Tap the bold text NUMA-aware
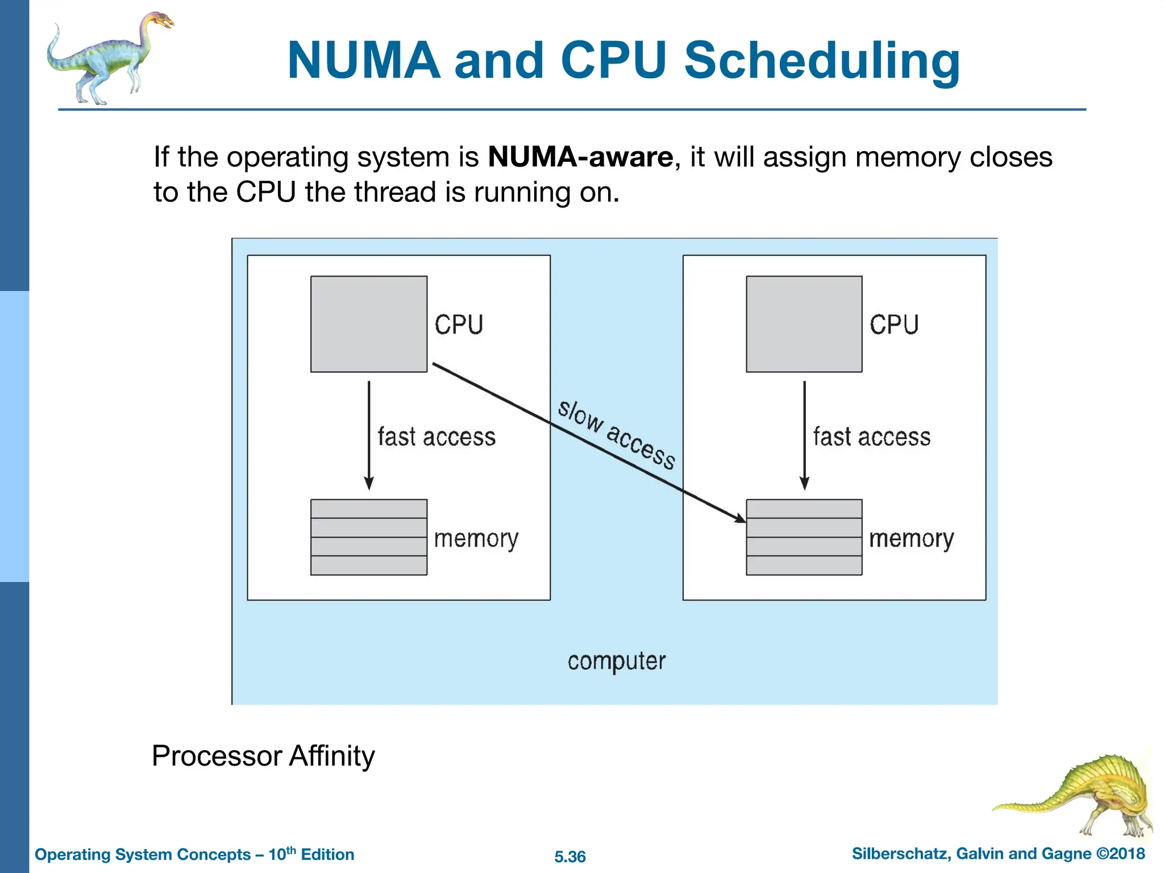point(580,157)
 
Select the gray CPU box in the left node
point(368,324)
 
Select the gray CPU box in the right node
point(804,324)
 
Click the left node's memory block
point(368,537)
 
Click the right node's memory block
point(804,537)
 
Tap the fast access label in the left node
point(436,437)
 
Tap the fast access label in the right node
point(872,437)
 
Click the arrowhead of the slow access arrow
point(741,518)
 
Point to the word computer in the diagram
point(616,661)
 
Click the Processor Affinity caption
point(263,756)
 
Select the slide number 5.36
point(569,857)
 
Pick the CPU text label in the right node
point(893,325)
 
